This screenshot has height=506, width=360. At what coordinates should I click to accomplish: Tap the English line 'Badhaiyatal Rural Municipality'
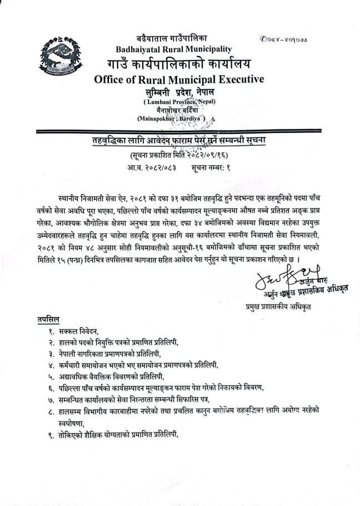coord(174,49)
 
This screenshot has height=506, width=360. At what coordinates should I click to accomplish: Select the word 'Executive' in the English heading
coord(236,79)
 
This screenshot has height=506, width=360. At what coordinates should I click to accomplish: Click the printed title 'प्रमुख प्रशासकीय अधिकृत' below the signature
coord(276,306)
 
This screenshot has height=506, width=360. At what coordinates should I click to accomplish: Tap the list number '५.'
coord(50,376)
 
